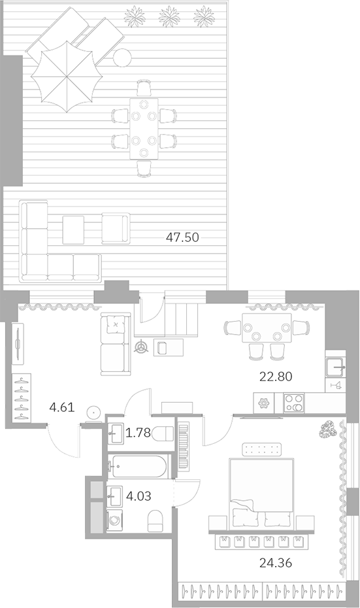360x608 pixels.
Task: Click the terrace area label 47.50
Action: tap(182, 237)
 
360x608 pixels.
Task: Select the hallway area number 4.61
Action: tap(62, 409)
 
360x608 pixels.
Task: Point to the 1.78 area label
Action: tap(138, 432)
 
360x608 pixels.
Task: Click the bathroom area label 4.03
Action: tap(139, 496)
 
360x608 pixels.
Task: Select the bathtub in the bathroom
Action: tap(140, 465)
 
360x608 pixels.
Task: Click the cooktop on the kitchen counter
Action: tap(293, 402)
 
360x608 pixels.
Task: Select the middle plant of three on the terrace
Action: tap(170, 16)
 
